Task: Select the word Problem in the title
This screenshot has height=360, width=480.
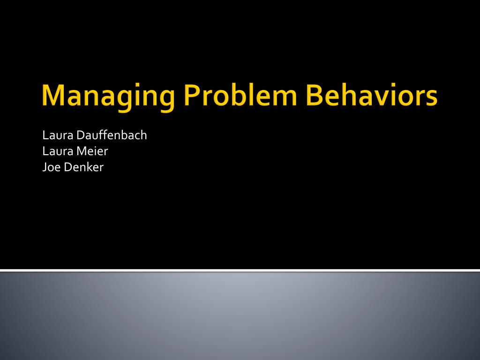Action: pos(240,94)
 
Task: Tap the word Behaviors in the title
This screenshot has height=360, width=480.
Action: pos(371,94)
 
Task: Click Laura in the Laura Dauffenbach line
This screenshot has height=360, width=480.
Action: pos(58,135)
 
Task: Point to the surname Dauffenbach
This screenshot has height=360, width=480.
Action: pos(112,135)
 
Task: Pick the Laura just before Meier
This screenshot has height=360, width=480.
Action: pos(58,151)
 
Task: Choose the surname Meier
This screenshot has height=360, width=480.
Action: pos(92,151)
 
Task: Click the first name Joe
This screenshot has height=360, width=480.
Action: pos(52,167)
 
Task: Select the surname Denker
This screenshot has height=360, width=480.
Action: pos(84,167)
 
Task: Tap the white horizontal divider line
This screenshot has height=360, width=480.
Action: pos(240,270)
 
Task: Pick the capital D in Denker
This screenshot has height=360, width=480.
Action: pos(68,167)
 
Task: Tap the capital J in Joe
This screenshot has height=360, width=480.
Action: pos(45,168)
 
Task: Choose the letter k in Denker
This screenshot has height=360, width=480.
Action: pos(91,167)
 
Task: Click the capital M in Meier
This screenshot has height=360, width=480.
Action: pos(82,151)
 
